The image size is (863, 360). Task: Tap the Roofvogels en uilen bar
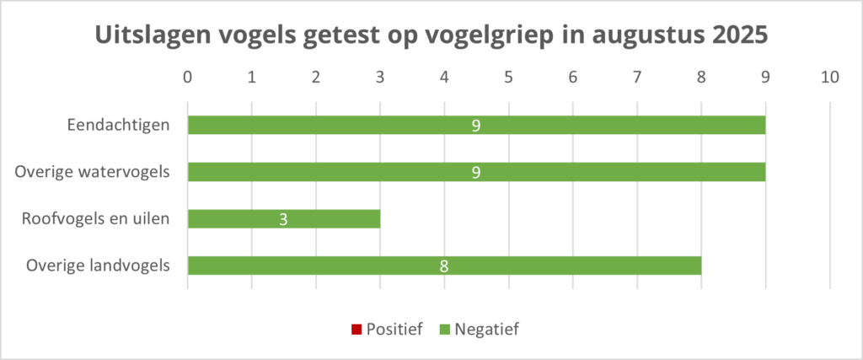[x=236, y=219]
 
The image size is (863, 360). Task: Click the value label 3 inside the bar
[x=284, y=219]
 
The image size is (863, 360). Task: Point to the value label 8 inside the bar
[x=444, y=266]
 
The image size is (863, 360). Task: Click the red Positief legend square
[x=356, y=329]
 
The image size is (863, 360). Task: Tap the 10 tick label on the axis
[x=830, y=77]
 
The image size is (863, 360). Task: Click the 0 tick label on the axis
[x=188, y=77]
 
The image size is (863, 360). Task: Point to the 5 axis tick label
[x=509, y=77]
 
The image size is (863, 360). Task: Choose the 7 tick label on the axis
[x=637, y=77]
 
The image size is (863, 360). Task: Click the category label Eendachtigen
[x=118, y=126]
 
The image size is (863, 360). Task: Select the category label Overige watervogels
[x=93, y=173]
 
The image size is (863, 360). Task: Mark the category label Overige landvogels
[x=98, y=266]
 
